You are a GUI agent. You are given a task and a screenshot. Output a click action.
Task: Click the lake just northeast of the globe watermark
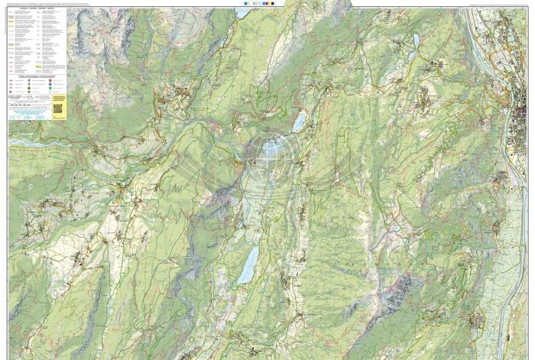pos(299,122)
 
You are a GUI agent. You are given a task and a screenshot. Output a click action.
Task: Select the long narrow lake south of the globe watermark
pos(248,264)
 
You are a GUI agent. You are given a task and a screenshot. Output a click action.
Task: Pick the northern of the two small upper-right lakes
pos(416,40)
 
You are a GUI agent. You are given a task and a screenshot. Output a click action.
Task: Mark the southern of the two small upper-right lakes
pos(411,55)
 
